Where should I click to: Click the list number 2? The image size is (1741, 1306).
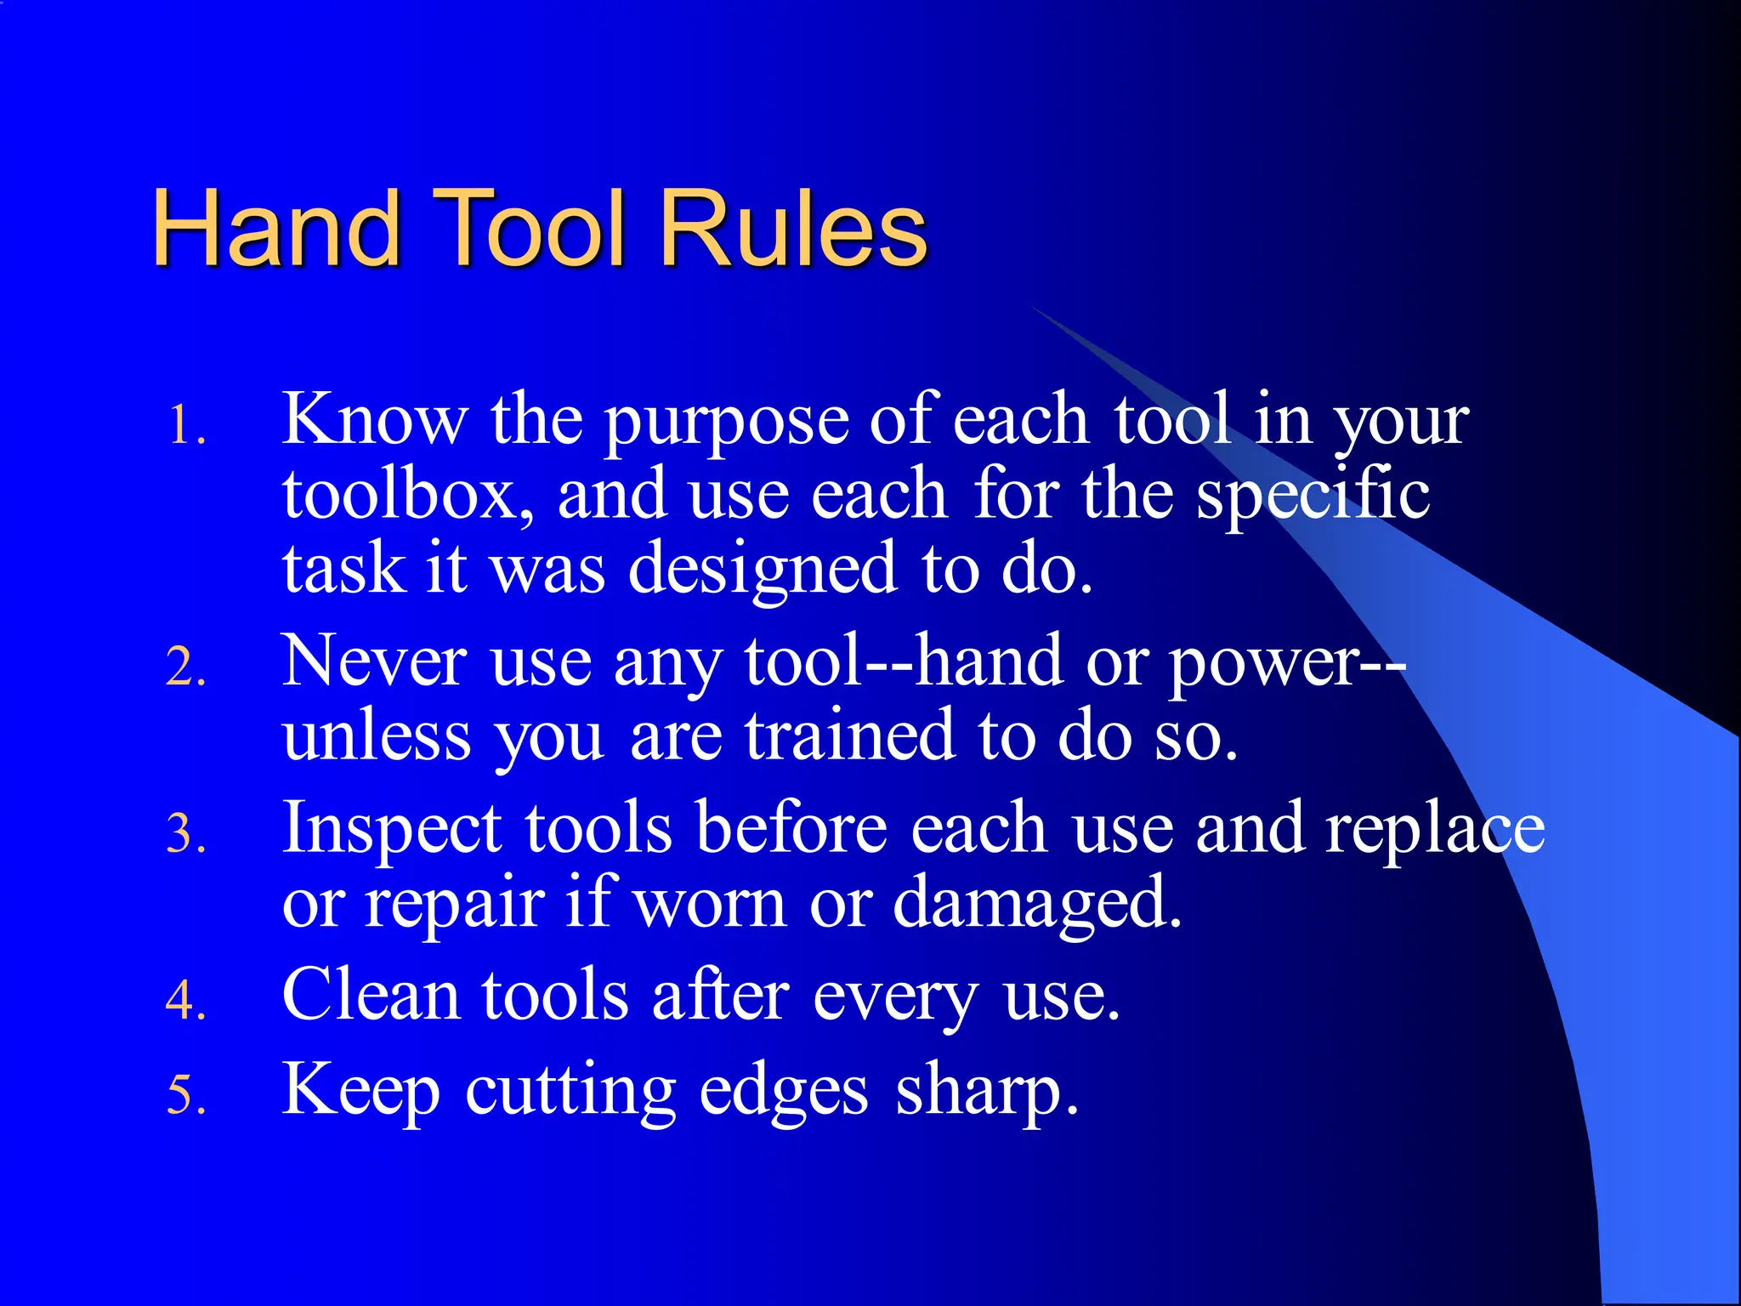point(186,667)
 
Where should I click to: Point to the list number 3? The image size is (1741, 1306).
point(186,833)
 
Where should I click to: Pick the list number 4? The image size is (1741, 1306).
point(186,1000)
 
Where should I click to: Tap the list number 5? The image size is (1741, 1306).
point(186,1094)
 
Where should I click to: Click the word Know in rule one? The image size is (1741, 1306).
point(374,418)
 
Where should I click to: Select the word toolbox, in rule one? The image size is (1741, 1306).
point(408,495)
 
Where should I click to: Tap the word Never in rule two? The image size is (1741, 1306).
point(374,662)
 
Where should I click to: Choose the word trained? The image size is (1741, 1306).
point(850,735)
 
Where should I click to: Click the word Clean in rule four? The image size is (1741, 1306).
point(370,995)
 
